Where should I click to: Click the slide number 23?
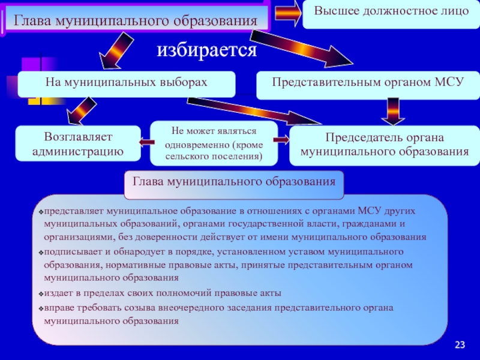tap(460, 344)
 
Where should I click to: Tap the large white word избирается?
tap(207, 50)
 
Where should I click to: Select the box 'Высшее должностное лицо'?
tap(391, 14)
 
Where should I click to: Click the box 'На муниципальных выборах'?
tap(127, 84)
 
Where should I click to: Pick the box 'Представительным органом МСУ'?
tap(368, 85)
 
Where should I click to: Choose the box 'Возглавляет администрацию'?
tap(78, 143)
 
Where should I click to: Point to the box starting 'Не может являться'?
tap(214, 143)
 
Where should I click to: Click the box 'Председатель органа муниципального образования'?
tap(385, 145)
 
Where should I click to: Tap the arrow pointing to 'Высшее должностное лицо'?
tap(288, 13)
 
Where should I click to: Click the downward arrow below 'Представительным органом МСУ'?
tap(393, 112)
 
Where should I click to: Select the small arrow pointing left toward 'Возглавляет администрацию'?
tap(146, 142)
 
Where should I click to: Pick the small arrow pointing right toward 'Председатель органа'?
tap(281, 140)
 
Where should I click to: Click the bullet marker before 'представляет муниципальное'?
tap(41, 212)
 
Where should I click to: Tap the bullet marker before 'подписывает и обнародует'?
tap(41, 253)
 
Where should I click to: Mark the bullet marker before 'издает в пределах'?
tap(41, 294)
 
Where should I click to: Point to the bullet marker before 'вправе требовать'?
tap(41, 308)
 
